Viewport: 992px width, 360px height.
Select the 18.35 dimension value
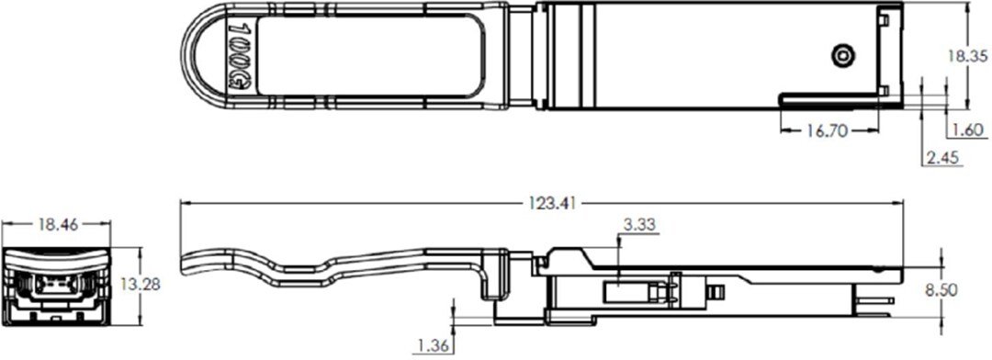pos(967,57)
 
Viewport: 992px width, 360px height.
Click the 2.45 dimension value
pos(943,159)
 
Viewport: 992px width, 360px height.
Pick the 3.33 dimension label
pos(639,224)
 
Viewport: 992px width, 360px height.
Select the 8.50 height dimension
pos(965,289)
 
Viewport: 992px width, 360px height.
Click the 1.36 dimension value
pos(431,345)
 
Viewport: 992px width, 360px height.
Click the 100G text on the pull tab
pos(236,57)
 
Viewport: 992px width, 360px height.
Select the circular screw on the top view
pos(840,57)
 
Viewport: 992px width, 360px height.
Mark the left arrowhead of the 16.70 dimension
pos(783,131)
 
